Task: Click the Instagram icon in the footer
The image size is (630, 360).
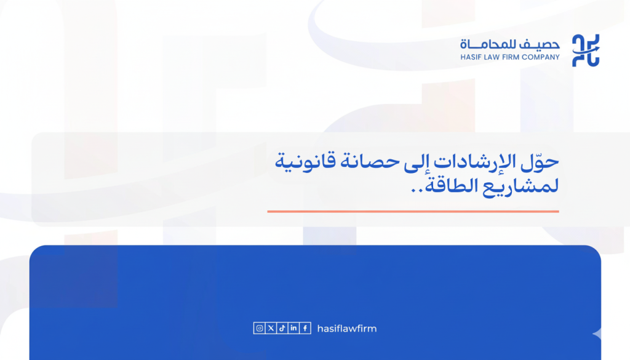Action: point(260,329)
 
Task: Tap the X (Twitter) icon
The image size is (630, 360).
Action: point(271,329)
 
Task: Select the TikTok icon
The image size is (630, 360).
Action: point(282,329)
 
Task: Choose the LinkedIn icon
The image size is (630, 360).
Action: point(294,329)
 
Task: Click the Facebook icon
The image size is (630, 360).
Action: point(306,329)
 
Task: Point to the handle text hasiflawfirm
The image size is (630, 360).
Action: point(347,329)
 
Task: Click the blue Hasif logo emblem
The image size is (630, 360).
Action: point(585,50)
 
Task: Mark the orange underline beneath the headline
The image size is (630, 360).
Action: point(413,211)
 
